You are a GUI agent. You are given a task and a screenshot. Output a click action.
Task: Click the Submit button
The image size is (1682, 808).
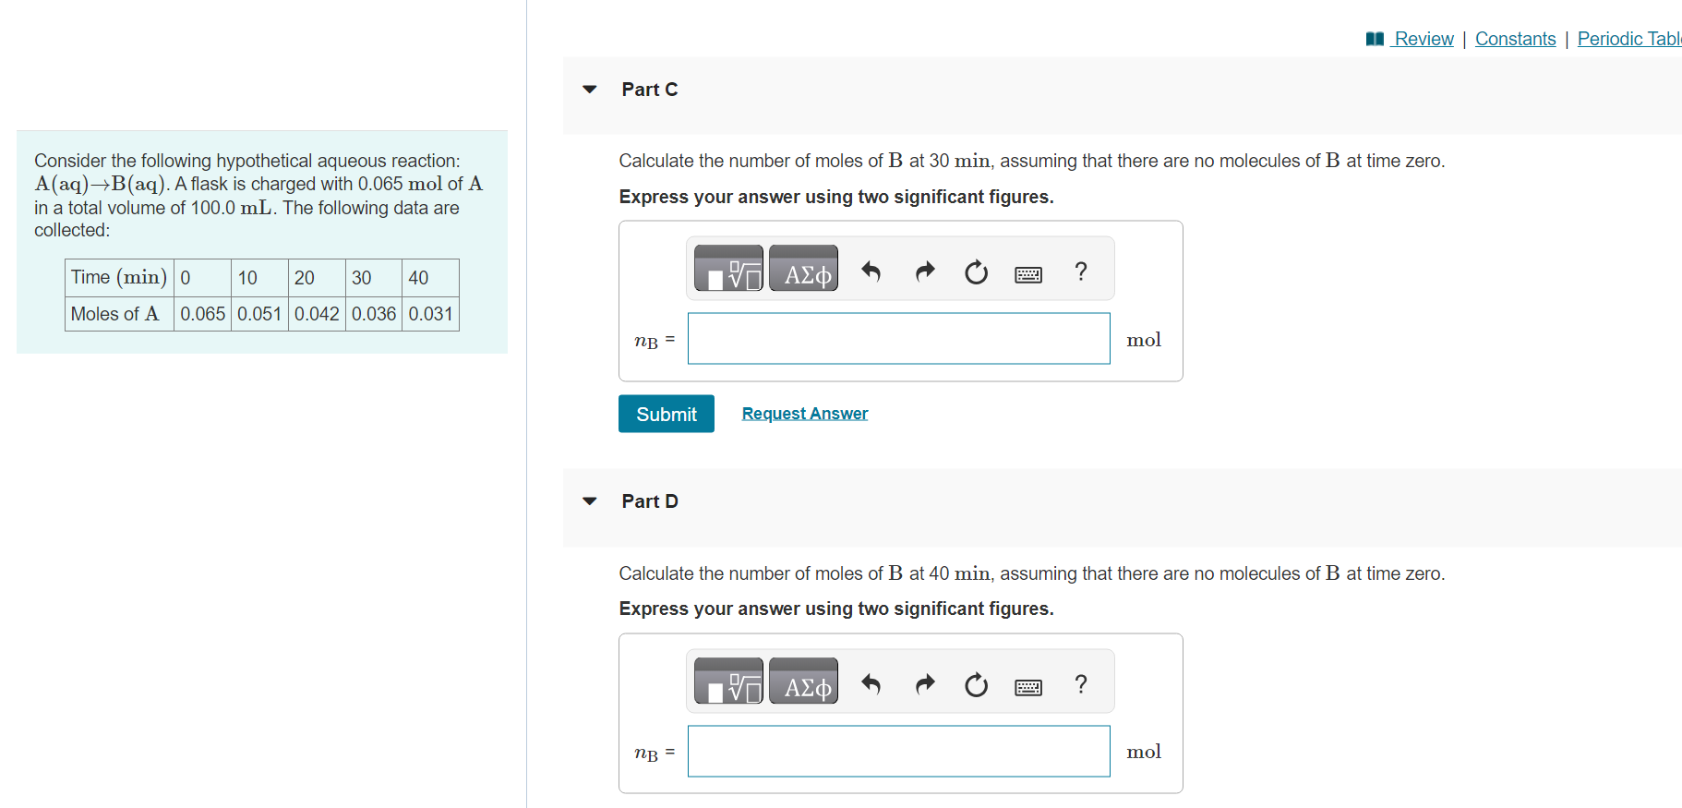click(x=666, y=414)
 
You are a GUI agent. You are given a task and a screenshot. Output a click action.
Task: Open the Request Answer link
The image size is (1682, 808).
click(x=804, y=414)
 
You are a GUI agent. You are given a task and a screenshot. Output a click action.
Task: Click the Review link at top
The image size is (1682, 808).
click(x=1423, y=39)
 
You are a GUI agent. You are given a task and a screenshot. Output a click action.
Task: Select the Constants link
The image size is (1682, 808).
click(x=1515, y=39)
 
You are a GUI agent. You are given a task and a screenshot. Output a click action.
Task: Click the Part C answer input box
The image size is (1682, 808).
click(x=898, y=339)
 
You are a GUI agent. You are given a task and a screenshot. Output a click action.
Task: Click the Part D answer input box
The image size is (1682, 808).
click(x=898, y=752)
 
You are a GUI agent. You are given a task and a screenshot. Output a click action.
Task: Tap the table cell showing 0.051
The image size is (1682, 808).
click(x=259, y=314)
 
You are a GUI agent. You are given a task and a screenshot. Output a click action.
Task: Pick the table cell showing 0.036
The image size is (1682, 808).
click(x=374, y=314)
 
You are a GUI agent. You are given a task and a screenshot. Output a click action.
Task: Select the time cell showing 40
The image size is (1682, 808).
click(x=429, y=278)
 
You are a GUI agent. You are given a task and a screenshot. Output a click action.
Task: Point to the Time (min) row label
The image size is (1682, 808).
click(x=118, y=278)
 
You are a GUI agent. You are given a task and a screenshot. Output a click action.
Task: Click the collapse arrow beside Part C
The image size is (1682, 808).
click(x=590, y=90)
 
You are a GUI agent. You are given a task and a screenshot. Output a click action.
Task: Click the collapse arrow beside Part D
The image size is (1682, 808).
click(x=590, y=501)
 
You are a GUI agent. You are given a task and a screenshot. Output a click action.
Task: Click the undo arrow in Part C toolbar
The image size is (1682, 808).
click(x=871, y=271)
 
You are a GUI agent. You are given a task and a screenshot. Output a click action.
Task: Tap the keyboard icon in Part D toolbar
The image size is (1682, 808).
click(x=1027, y=686)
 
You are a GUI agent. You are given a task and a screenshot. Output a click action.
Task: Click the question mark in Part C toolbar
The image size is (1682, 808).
click(x=1081, y=271)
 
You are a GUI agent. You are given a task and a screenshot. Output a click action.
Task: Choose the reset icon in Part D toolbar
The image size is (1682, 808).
click(x=976, y=685)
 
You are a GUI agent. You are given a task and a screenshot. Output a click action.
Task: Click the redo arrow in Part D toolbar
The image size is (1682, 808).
click(x=924, y=684)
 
